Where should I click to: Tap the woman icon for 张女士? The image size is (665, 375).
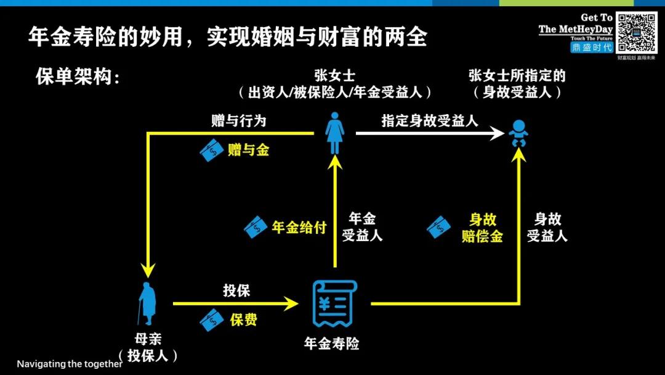point(334,133)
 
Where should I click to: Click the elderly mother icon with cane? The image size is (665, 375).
point(148,303)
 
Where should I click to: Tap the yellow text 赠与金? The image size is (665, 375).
point(248,149)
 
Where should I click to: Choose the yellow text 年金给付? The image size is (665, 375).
point(299,227)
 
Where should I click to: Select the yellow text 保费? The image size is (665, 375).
point(243,319)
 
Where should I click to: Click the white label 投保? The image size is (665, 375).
point(236,291)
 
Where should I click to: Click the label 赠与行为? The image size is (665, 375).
point(238,121)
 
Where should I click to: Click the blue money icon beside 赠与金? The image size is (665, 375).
point(212,150)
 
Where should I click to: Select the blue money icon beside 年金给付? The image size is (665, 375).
point(256,227)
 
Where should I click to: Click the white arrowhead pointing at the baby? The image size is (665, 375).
point(498,133)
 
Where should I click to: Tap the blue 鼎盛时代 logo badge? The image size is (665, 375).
point(591,47)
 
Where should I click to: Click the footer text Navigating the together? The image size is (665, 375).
point(70,364)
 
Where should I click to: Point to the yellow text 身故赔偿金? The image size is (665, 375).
point(482,228)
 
